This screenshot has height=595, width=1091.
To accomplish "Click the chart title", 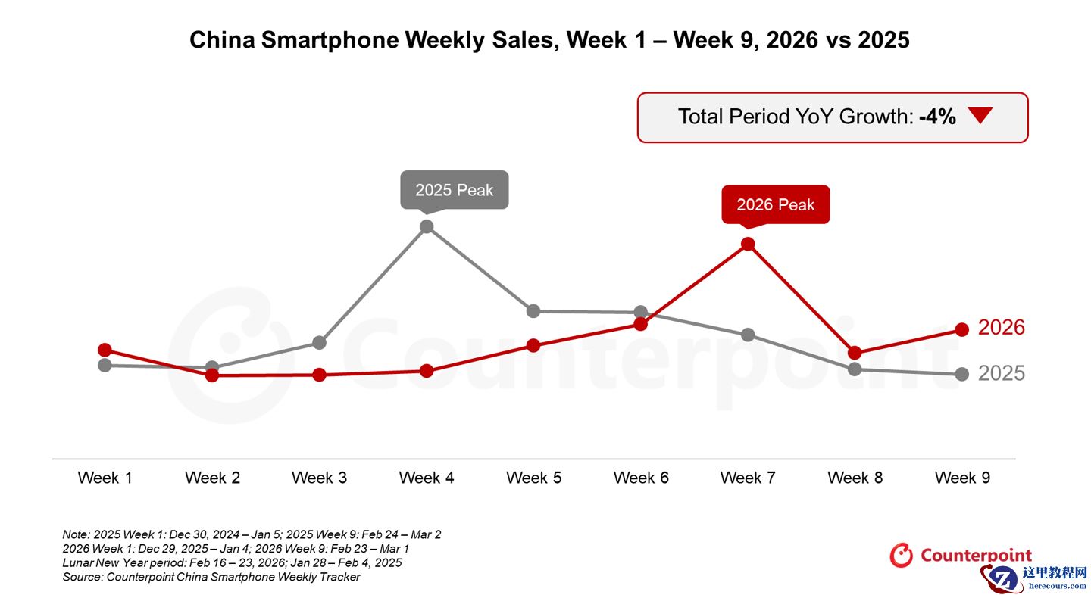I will click(x=549, y=40).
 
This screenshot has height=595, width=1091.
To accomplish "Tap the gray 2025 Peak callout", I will click(x=454, y=190).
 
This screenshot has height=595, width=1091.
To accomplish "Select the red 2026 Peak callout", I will click(x=775, y=204).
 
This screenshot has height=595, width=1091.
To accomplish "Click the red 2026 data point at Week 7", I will click(x=748, y=244).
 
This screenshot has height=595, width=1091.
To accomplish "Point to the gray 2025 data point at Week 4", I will click(x=427, y=226).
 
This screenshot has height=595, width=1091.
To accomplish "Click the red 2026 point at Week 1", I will click(x=105, y=350).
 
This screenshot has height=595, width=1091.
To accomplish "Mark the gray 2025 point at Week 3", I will click(x=320, y=343).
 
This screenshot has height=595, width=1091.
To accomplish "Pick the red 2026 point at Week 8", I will click(x=855, y=353).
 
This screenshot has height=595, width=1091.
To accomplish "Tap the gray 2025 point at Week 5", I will click(x=533, y=311).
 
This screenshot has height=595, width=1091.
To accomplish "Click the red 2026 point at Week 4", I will click(x=427, y=371).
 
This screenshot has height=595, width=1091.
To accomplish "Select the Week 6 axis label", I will click(x=641, y=478).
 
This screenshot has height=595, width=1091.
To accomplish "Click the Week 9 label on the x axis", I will click(x=962, y=478).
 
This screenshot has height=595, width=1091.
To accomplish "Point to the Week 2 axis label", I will click(x=212, y=478).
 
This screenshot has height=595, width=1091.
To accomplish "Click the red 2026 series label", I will click(x=1001, y=328).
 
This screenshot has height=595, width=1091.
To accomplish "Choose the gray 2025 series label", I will click(x=1001, y=373).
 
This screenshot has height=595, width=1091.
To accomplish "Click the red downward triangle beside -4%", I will click(x=980, y=116).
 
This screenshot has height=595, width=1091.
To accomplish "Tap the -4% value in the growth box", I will click(x=937, y=117).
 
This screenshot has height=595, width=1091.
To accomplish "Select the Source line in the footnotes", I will click(x=211, y=577).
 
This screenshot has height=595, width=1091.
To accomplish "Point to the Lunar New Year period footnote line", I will click(x=232, y=562).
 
